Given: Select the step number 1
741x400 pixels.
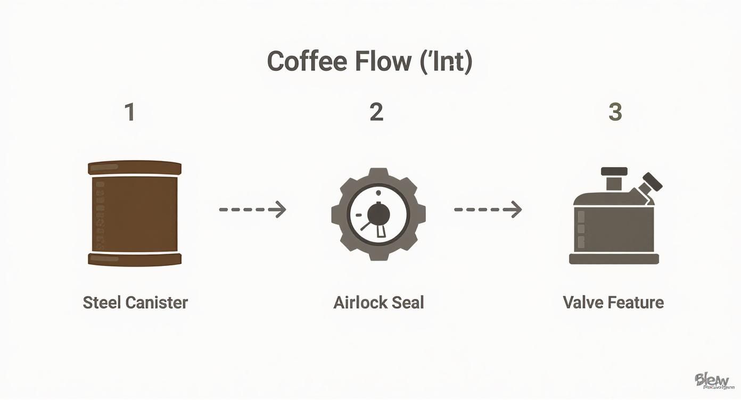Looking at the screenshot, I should pos(129,112).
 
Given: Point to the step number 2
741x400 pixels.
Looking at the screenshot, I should pos(376,112).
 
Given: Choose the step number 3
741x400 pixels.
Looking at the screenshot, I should pos(615,112).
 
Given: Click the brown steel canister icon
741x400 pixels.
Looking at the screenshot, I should pos(134,213).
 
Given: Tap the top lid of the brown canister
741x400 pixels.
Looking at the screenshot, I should pos(134,168).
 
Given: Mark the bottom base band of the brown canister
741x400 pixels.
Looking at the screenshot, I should pos(134,260).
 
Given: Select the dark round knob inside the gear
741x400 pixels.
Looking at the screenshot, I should pos(378,214).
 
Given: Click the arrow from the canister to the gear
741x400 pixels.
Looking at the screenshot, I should pos(253,210).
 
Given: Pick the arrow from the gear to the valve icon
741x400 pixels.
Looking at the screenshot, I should pos(488,210).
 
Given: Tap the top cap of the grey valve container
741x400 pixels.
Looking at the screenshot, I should pos(614,172).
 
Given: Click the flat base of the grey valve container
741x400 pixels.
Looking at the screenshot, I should pos(614,259).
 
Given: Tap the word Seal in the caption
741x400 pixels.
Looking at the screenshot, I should pos(408,303).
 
